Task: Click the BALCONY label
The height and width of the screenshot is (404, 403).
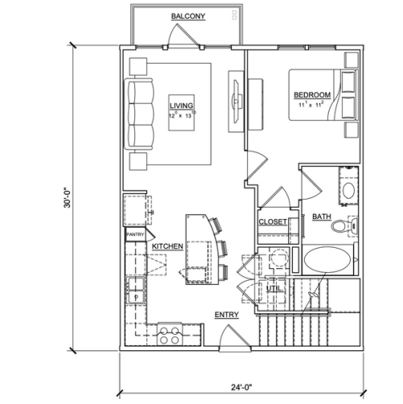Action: coord(188,16)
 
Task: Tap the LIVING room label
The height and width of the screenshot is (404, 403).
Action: coord(181,105)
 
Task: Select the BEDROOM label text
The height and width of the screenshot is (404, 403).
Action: coord(312,95)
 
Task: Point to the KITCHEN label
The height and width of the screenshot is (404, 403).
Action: coord(167,246)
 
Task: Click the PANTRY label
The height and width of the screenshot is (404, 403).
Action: coord(135,234)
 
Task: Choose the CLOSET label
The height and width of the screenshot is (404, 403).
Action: coord(273,222)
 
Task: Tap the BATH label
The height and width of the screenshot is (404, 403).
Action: coord(322,216)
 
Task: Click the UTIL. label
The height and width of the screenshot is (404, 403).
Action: coord(274,288)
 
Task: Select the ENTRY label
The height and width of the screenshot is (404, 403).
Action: coord(227,315)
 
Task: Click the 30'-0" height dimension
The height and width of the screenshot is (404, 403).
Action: coord(67,197)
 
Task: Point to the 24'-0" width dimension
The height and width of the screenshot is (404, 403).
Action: coord(242,387)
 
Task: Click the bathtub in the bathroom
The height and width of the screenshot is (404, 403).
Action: coord(327,259)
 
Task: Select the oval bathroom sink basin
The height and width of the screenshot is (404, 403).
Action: coord(348,190)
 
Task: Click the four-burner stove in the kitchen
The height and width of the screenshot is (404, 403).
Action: coord(170,336)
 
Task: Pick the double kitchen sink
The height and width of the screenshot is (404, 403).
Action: coord(136,291)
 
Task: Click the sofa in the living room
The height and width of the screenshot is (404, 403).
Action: coord(138,114)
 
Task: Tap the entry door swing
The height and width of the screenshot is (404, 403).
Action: coord(235,337)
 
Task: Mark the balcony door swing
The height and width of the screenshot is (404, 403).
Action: coord(183,35)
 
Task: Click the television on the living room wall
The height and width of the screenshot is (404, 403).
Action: coord(236,101)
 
